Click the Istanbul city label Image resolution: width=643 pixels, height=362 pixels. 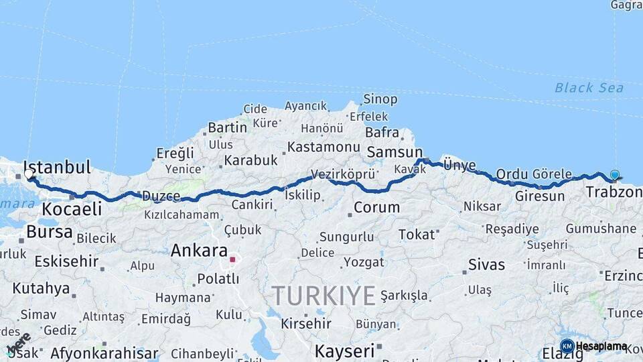pos(57,167)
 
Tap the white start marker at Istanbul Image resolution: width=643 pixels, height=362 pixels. pos(29,174)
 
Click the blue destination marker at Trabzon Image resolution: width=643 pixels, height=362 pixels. pos(614,175)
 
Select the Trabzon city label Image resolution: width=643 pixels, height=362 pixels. pos(614,192)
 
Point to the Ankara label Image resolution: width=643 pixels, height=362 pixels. pos(199,251)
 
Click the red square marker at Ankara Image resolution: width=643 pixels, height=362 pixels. pos(232,259)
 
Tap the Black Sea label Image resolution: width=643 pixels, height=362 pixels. pos(589,88)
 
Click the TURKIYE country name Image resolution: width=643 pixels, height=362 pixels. pos(324,295)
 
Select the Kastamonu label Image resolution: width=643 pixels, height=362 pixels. pos(324,147)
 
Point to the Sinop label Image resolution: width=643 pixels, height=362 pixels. pos(380,99)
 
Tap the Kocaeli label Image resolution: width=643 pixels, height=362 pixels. pos(72,208)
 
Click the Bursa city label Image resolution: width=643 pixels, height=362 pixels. pos(50,232)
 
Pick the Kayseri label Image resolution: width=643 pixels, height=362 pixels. pos(344,351)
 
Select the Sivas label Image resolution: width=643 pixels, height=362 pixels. pos(487,264)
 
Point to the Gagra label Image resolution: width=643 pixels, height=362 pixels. pos(626,5)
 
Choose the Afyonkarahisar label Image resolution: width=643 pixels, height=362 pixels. pos(104,353)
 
